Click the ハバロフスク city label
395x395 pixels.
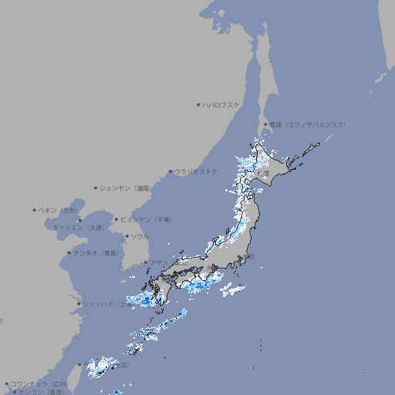pyautogui.click(x=221, y=104)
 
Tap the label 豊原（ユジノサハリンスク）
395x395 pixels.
pyautogui.click(x=307, y=124)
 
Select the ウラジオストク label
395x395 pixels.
pyautogui.click(x=196, y=171)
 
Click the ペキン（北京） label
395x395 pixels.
pyautogui.click(x=59, y=210)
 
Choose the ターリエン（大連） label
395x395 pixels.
pyautogui.click(x=78, y=228)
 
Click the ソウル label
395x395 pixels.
pyautogui.click(x=140, y=236)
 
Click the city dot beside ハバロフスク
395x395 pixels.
pyautogui.click(x=198, y=104)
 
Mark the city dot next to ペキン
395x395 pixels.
pyautogui.click(x=35, y=210)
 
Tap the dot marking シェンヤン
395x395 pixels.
pyautogui.click(x=96, y=187)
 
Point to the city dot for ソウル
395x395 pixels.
pyautogui.click(x=126, y=236)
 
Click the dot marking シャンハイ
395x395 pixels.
pyautogui.click(x=79, y=304)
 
